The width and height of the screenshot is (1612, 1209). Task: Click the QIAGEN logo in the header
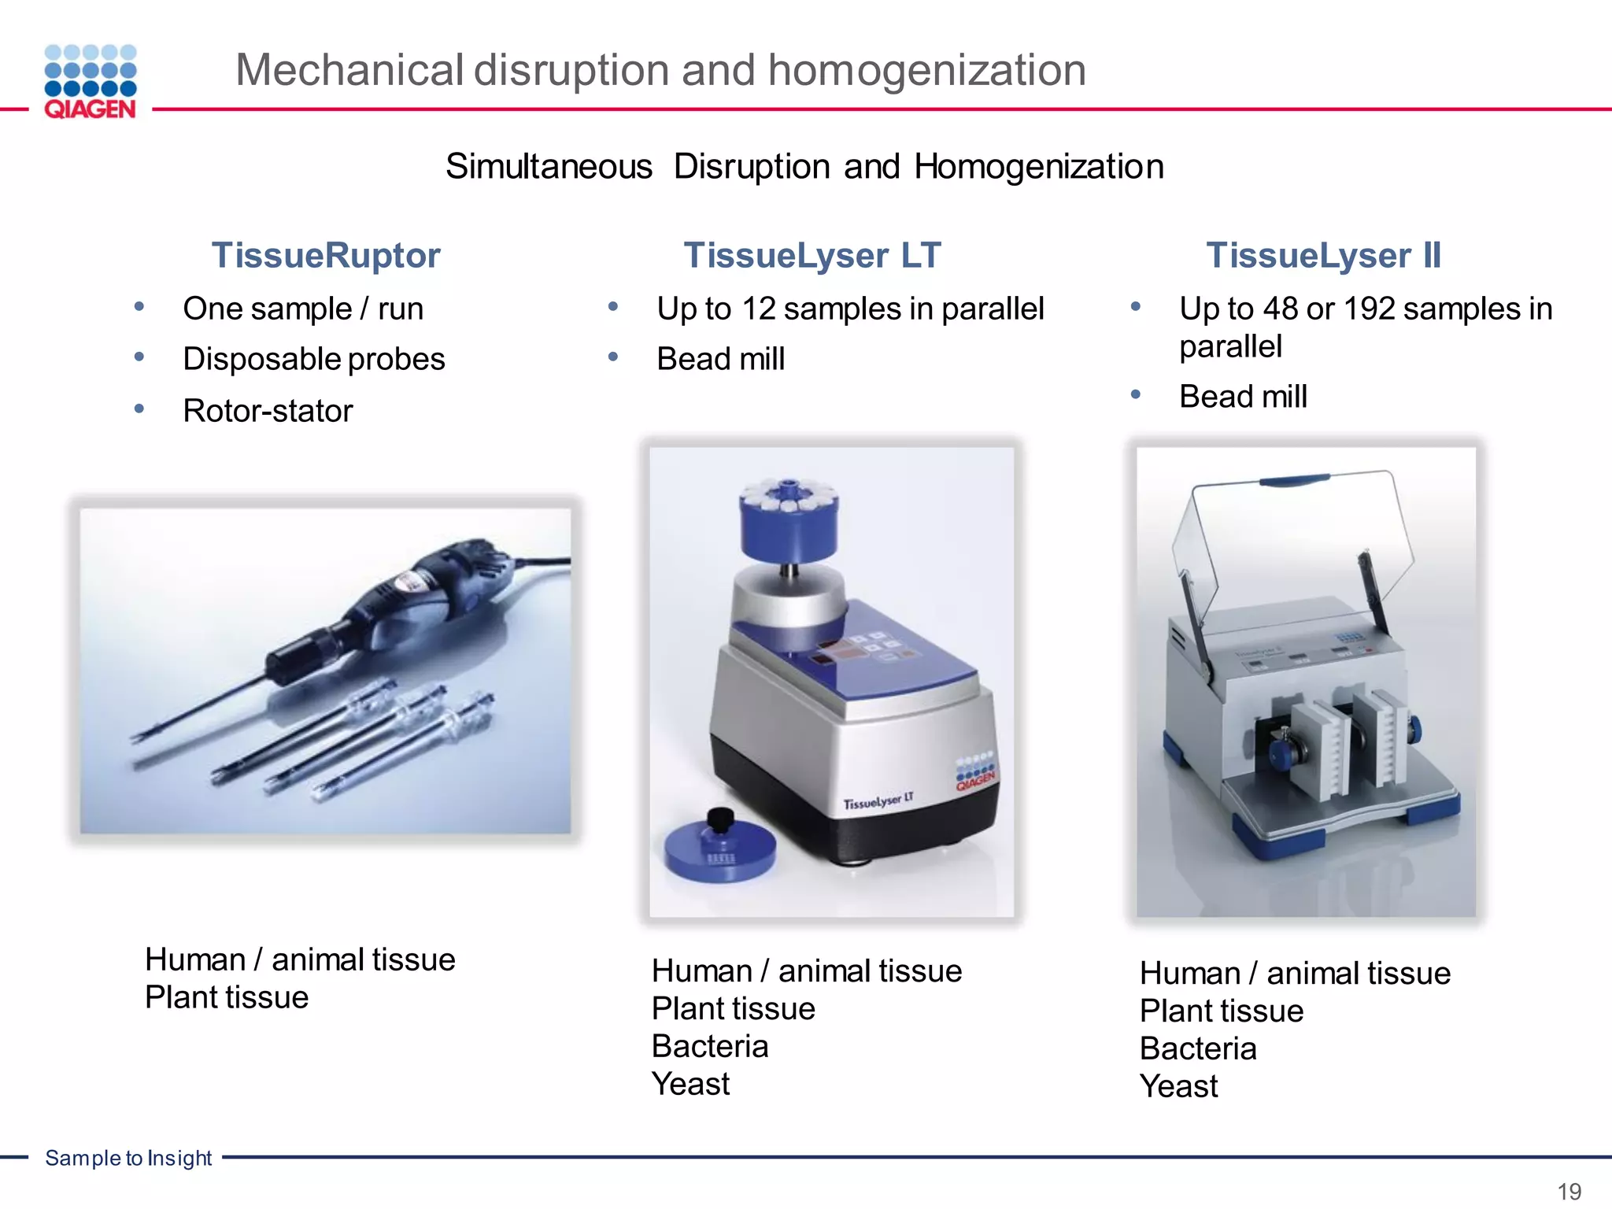[91, 82]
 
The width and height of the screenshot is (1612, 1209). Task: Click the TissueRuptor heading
[326, 256]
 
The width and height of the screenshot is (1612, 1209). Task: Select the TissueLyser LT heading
[812, 256]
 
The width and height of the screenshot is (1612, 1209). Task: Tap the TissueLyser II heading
[1323, 256]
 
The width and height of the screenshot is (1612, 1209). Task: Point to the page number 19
[1569, 1191]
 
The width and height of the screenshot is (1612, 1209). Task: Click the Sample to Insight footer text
[128, 1158]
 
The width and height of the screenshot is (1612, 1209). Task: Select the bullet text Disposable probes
[314, 359]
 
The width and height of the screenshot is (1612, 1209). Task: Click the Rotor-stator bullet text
[268, 411]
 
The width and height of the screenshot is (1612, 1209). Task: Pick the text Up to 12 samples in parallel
[850, 309]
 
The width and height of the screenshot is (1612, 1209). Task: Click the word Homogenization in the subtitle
[1039, 167]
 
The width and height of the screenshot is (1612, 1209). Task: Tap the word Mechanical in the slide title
[349, 70]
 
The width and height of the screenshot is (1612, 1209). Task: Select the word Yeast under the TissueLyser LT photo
[690, 1085]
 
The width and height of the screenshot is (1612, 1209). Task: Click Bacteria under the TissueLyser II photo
[1198, 1049]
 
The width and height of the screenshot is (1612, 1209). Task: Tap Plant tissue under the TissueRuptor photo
[227, 998]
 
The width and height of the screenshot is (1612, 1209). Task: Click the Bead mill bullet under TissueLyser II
[1243, 397]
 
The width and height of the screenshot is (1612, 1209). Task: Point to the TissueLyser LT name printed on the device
[878, 802]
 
